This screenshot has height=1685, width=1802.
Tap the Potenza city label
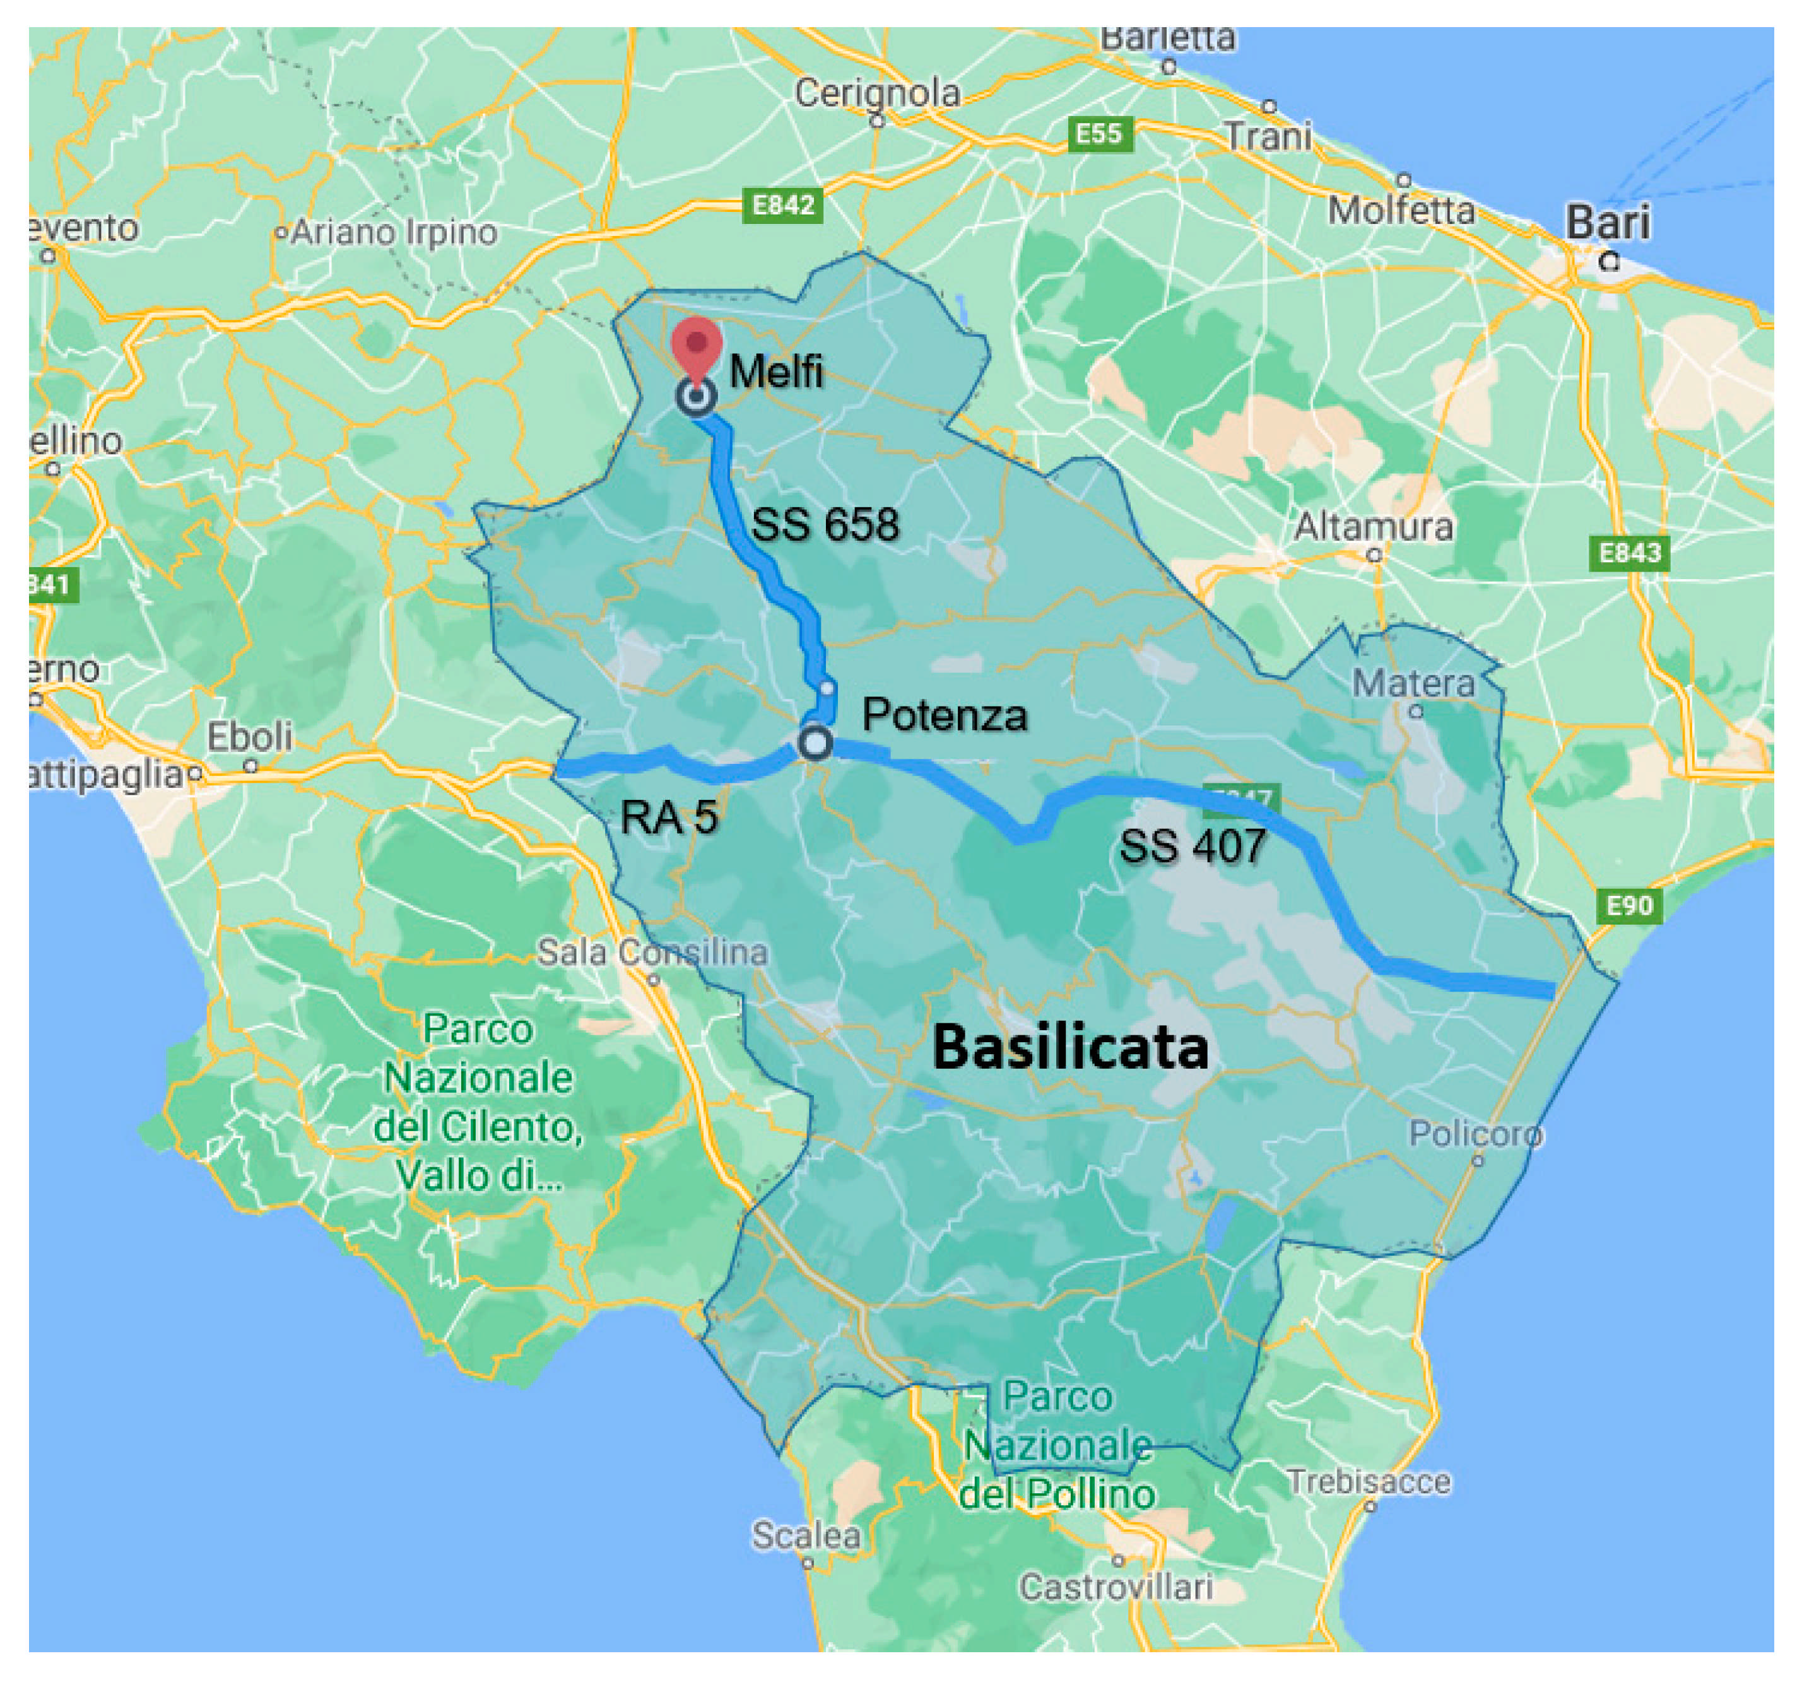tap(945, 715)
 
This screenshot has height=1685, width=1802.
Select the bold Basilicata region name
tap(1071, 1047)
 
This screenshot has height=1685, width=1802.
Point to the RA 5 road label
tap(669, 818)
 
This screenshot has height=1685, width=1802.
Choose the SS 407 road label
tap(1192, 846)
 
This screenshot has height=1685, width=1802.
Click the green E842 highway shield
tap(783, 206)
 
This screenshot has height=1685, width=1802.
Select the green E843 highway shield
tap(1629, 553)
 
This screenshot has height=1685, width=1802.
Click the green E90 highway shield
tap(1629, 905)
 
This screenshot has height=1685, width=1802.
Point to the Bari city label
tap(1608, 223)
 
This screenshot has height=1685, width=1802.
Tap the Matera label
tap(1413, 683)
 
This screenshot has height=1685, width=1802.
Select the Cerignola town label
tap(876, 93)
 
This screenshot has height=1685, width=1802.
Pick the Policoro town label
tap(1475, 1133)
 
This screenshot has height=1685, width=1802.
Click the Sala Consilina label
tap(652, 953)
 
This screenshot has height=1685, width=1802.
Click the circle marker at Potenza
tap(815, 743)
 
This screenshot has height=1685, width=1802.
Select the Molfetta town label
tap(1401, 210)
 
